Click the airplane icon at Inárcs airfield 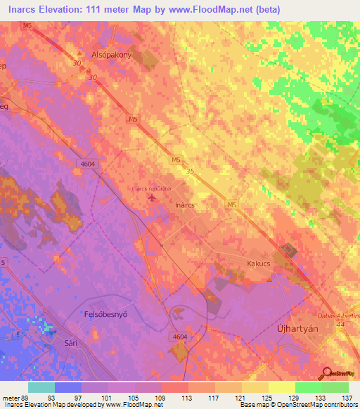[153, 197]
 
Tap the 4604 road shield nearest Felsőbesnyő [181, 337]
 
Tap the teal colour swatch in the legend [41, 387]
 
